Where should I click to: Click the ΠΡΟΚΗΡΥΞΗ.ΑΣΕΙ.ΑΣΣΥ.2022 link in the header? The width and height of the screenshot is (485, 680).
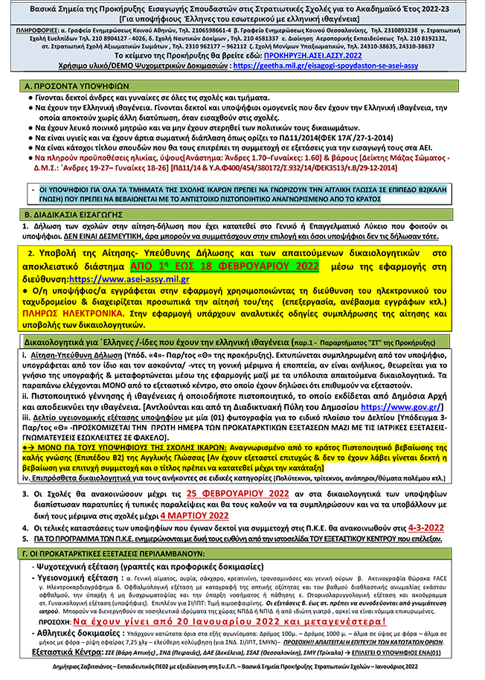point(356,56)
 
